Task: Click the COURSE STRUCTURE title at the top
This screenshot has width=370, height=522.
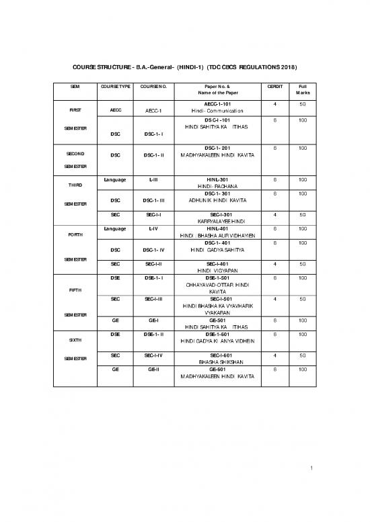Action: point(184,68)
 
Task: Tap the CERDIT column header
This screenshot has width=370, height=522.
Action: point(274,87)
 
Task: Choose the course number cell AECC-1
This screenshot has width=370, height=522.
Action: point(154,112)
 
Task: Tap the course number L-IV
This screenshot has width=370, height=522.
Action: point(154,229)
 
